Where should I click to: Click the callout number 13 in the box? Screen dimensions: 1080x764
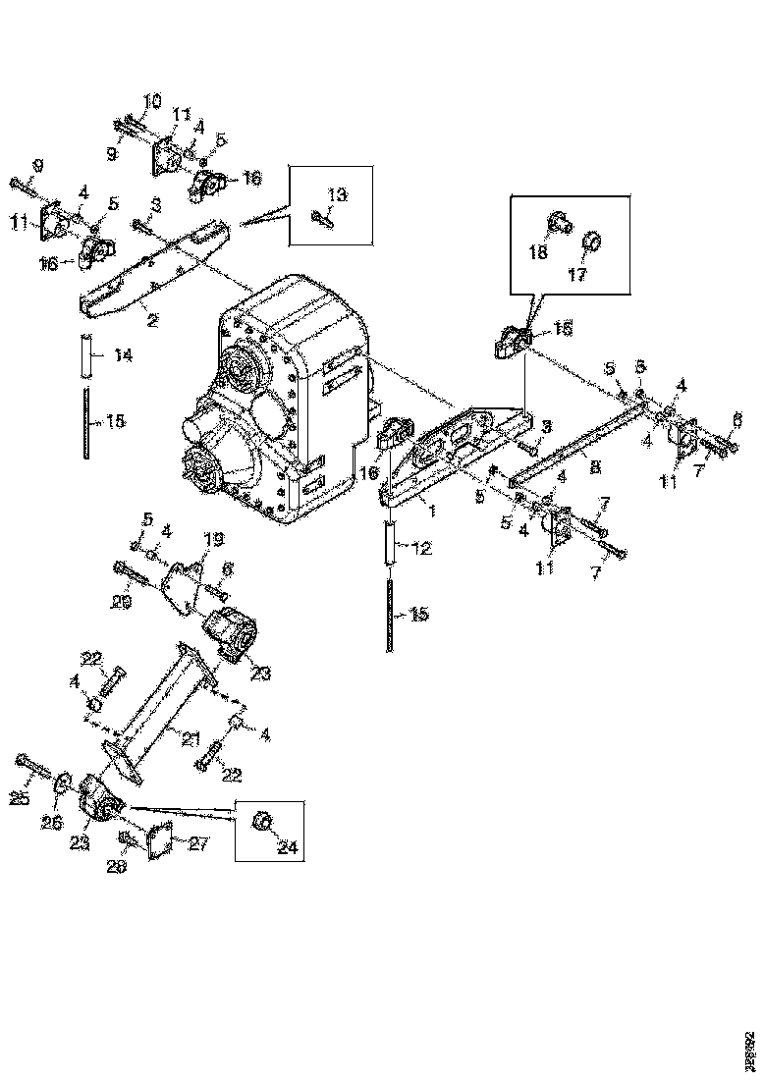click(337, 195)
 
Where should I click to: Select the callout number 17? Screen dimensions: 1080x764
click(576, 275)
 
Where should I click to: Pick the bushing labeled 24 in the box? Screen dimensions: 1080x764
click(262, 821)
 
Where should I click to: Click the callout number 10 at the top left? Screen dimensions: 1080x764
click(153, 101)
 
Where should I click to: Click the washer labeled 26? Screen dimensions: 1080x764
click(61, 783)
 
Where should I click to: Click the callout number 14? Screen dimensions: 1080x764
click(123, 355)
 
